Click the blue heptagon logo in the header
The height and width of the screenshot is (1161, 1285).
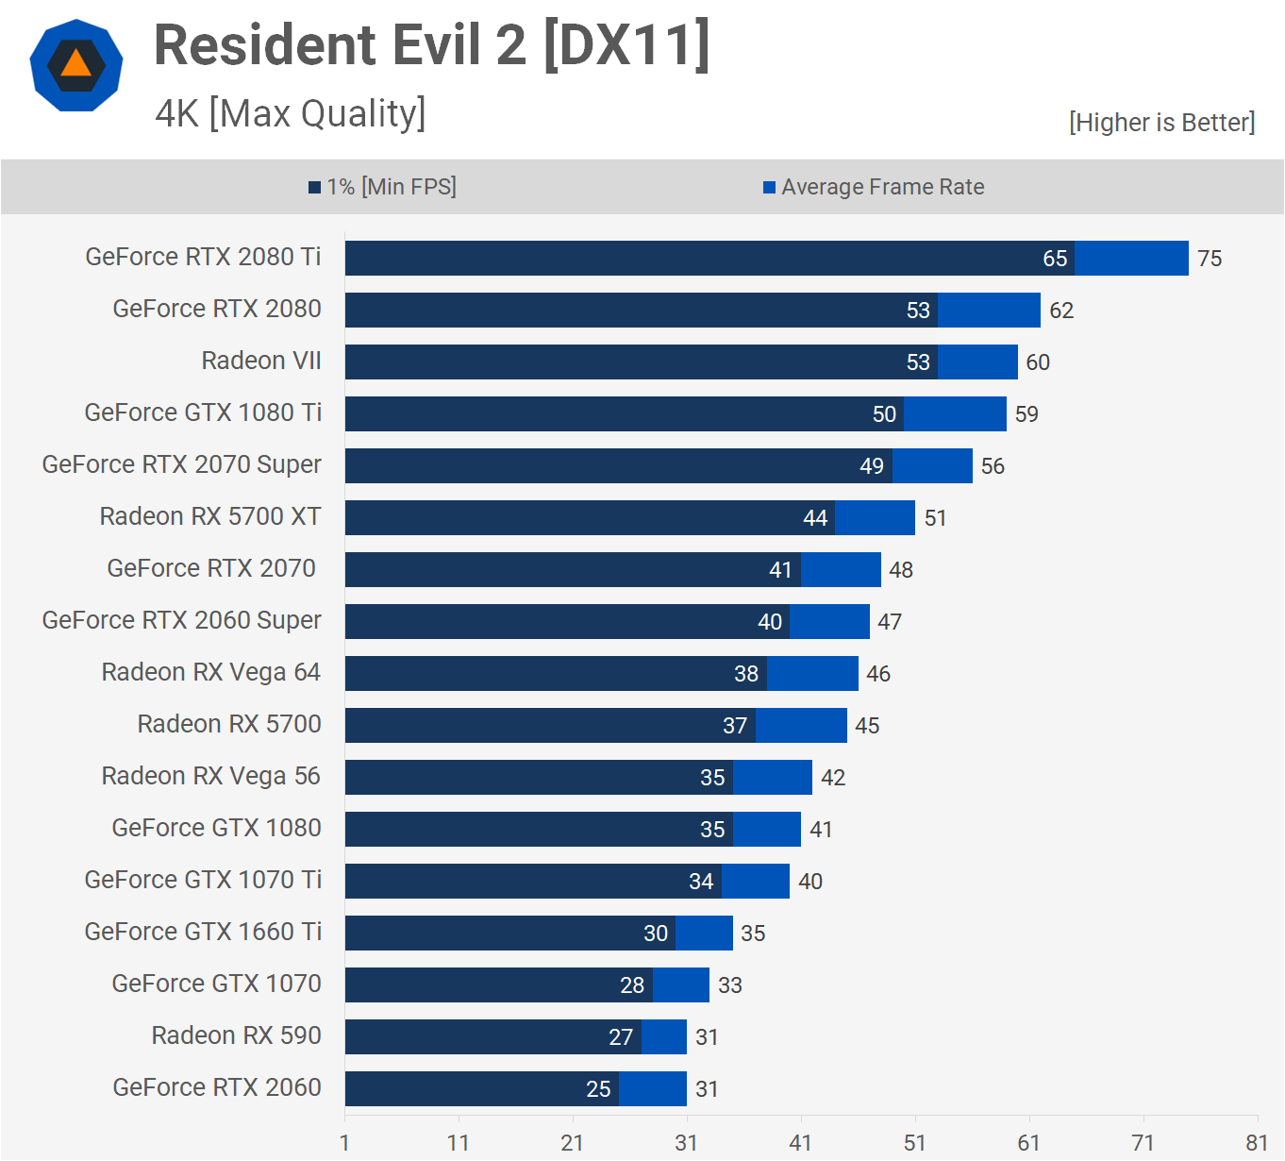point(76,65)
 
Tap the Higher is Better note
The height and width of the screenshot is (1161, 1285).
point(1161,123)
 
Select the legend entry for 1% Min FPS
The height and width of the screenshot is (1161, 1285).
point(383,187)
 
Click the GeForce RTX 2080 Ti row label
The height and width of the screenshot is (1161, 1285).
point(203,257)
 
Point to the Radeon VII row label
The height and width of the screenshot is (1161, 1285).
point(261,361)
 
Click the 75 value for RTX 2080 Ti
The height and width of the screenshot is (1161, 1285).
point(1210,259)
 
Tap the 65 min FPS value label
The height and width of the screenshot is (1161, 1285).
point(1055,259)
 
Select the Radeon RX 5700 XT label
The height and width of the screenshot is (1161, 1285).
point(210,516)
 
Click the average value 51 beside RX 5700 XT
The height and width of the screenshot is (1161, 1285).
point(935,518)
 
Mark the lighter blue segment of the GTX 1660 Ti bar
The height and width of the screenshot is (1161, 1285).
point(704,933)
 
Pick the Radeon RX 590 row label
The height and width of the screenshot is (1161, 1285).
point(236,1035)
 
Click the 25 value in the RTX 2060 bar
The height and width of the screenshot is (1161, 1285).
point(598,1089)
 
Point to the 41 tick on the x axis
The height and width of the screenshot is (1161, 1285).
point(800,1143)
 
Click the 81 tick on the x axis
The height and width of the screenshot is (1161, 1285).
point(1257,1143)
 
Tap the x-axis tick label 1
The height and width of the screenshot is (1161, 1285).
point(345,1143)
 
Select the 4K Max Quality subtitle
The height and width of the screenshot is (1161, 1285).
point(291,113)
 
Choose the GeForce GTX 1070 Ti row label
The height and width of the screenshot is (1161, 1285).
point(203,880)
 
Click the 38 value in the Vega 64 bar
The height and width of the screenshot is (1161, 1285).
point(746,674)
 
